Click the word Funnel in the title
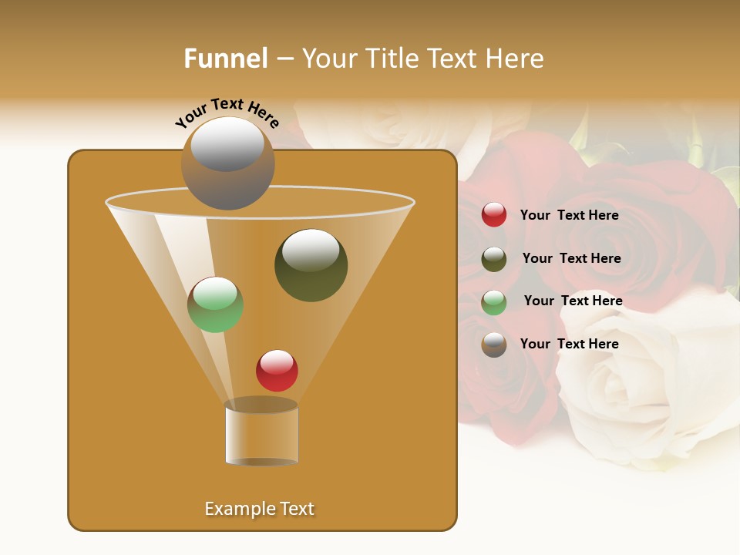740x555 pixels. pos(225,59)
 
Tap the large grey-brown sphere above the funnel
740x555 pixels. pos(227,163)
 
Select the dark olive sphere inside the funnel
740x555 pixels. pos(311,265)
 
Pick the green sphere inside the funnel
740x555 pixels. pos(215,304)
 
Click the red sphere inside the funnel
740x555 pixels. pos(277,371)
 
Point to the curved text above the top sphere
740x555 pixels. pos(227,113)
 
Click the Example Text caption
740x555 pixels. pos(259,509)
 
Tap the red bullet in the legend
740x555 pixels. pos(494,215)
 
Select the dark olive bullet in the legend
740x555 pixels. pos(494,259)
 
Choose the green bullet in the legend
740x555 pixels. pos(494,302)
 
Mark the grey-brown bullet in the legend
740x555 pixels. pos(494,345)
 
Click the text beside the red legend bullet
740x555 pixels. pos(569,215)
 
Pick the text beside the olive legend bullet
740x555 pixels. pos(571,258)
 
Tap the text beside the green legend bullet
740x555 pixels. pos(573,301)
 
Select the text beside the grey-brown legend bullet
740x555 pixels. pos(569,344)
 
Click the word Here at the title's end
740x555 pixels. pos(516,59)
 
